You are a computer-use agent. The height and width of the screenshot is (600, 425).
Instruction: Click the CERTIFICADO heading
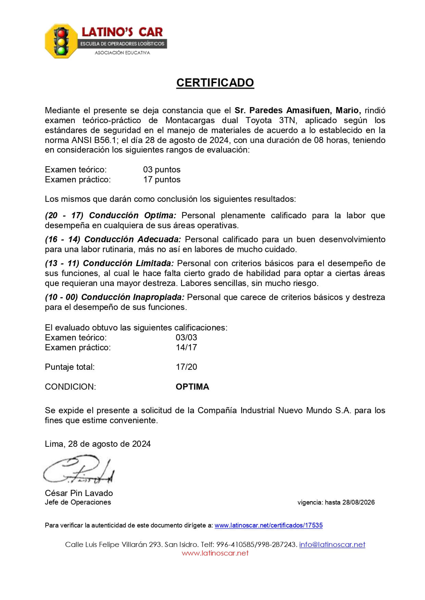pyautogui.click(x=215, y=83)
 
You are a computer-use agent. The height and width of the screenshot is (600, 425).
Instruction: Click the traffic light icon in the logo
pyautogui.click(x=61, y=41)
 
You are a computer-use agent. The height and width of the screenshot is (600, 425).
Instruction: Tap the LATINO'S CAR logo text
pyautogui.click(x=122, y=32)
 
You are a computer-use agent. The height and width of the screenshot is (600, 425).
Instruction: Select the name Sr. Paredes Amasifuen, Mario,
pyautogui.click(x=298, y=110)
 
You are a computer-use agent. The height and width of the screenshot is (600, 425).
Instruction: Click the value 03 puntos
pyautogui.click(x=162, y=170)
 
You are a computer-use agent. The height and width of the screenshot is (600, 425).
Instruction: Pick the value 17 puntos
pyautogui.click(x=162, y=180)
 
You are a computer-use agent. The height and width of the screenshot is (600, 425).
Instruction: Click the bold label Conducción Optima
pyautogui.click(x=133, y=216)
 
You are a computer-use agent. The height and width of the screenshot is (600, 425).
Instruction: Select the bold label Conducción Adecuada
pyautogui.click(x=133, y=239)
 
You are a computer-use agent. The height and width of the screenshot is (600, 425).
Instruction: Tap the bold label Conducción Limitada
pyautogui.click(x=128, y=263)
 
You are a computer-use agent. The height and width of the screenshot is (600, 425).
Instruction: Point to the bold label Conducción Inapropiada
pyautogui.click(x=133, y=297)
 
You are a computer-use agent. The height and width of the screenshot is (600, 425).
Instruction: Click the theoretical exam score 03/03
pyautogui.click(x=186, y=338)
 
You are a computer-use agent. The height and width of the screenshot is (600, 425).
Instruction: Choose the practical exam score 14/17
pyautogui.click(x=186, y=348)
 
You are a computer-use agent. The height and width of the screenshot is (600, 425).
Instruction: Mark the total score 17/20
pyautogui.click(x=186, y=367)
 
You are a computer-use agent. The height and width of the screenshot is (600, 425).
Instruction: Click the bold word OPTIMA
pyautogui.click(x=192, y=387)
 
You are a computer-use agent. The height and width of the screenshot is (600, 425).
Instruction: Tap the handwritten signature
pyautogui.click(x=79, y=470)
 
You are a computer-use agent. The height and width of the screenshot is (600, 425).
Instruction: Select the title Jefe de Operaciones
pyautogui.click(x=78, y=502)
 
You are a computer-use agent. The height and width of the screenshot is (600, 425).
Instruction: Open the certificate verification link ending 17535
pyautogui.click(x=268, y=525)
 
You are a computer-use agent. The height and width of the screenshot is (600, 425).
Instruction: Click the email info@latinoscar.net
pyautogui.click(x=332, y=545)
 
